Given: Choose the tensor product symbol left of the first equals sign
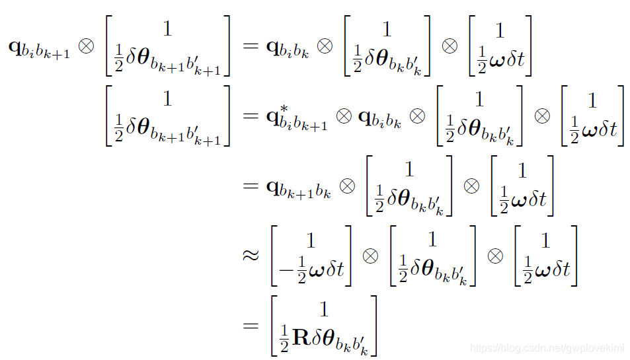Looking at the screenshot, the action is pos(86,48).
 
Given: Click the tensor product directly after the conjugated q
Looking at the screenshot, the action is pos(344,116).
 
